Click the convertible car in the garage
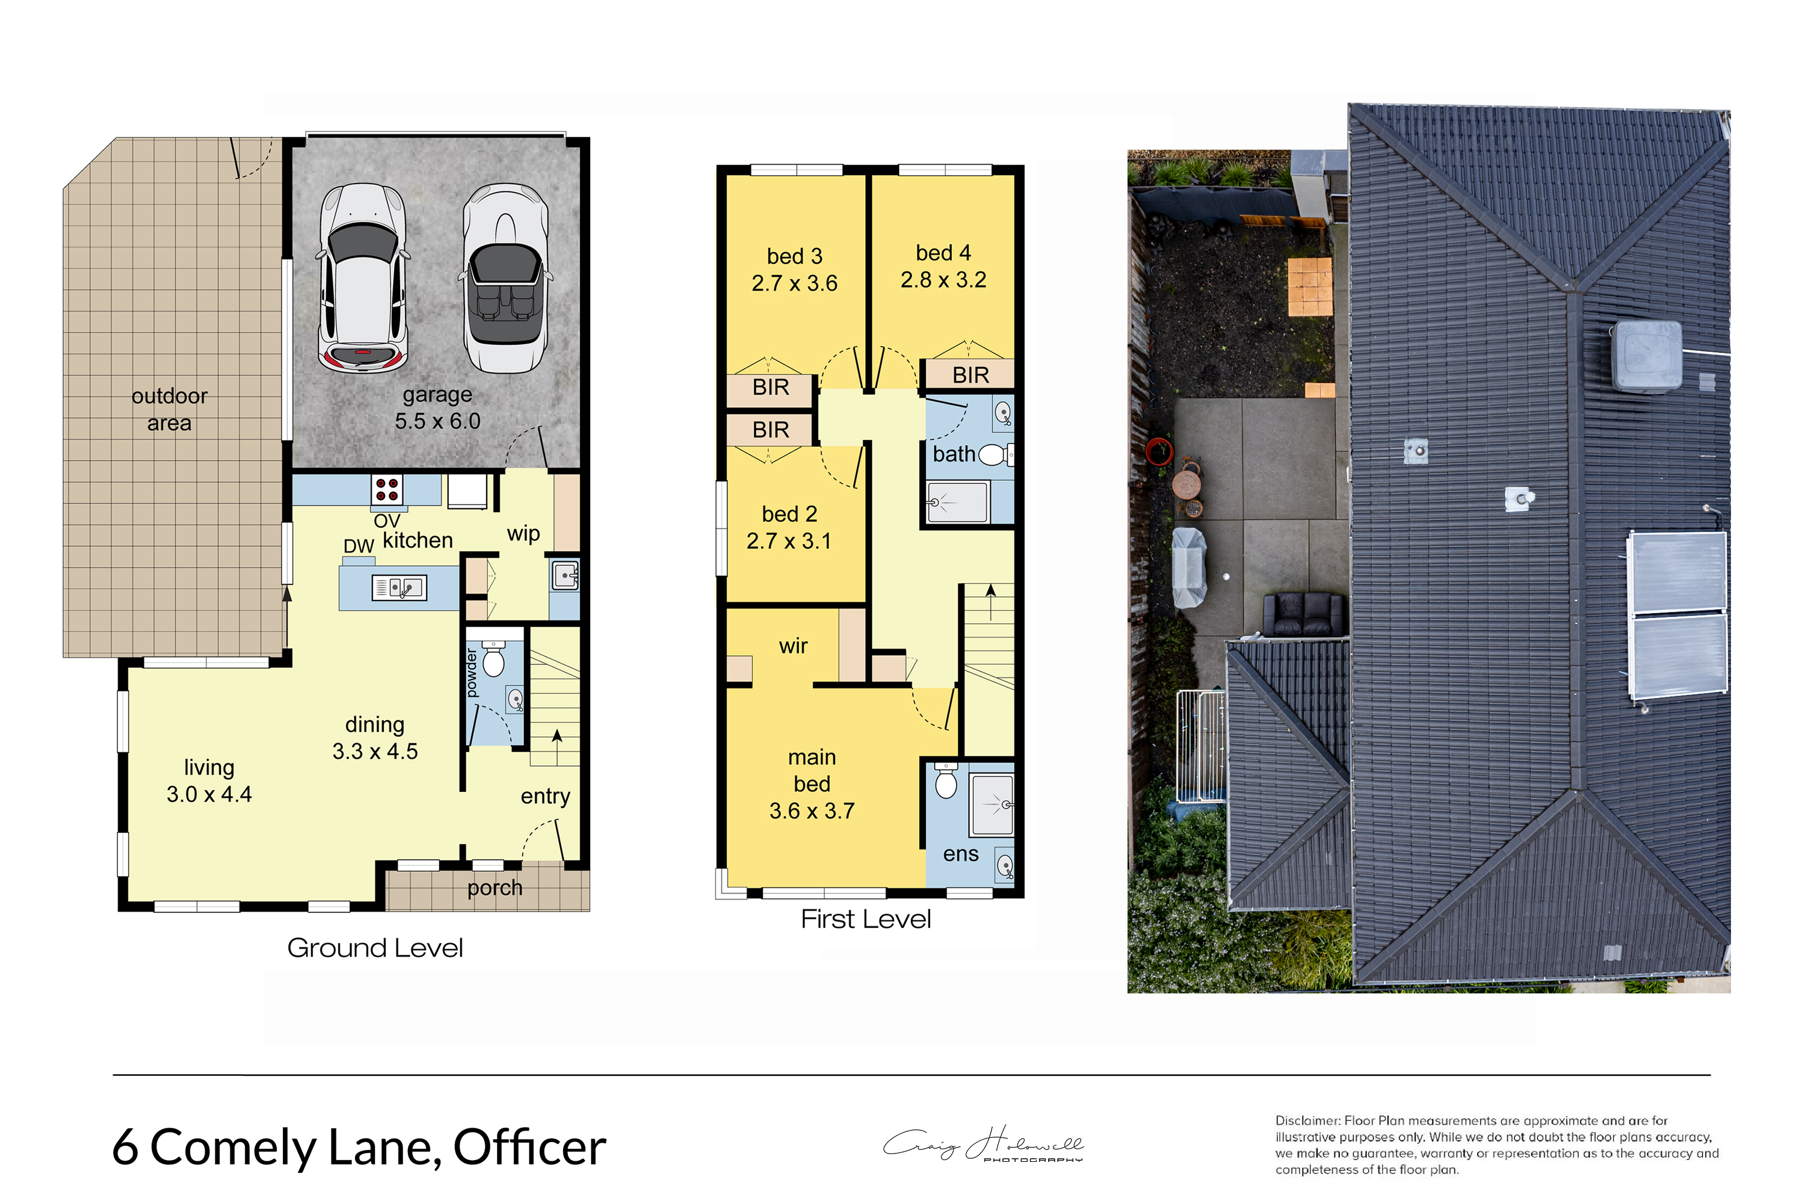point(506,278)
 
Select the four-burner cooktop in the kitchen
point(387,490)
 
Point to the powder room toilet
point(493,659)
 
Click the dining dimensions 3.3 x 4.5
point(375,751)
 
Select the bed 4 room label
point(943,253)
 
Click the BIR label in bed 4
point(970,375)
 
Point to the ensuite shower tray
point(992,804)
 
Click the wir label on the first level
point(793,647)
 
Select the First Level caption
point(865,919)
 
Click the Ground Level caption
point(375,948)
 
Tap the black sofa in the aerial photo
point(1305,614)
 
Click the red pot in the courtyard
point(1159,451)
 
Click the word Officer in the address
point(529,1147)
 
